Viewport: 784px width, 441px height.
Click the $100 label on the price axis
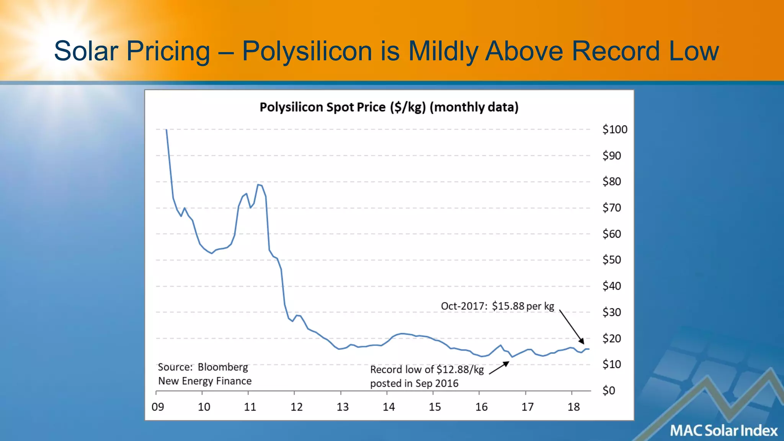(x=614, y=129)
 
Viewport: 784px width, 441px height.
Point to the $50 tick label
(x=611, y=260)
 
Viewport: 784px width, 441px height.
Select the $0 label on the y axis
(x=608, y=390)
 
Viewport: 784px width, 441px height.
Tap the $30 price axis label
(x=611, y=312)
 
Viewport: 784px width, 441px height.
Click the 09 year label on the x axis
(x=158, y=407)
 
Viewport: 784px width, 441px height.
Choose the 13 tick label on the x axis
(x=343, y=407)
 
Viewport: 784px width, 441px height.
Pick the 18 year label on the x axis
(x=573, y=407)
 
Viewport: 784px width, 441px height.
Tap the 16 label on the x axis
(x=481, y=407)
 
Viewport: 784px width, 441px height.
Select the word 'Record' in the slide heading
(x=616, y=51)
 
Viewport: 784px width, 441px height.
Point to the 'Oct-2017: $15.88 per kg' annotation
(x=497, y=306)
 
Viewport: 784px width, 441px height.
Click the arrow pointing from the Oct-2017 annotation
(x=572, y=327)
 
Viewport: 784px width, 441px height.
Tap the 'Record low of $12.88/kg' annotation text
(x=427, y=370)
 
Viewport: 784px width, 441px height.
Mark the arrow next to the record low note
(x=499, y=368)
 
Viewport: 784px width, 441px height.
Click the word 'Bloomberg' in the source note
(x=223, y=367)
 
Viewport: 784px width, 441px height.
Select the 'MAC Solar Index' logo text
(x=724, y=431)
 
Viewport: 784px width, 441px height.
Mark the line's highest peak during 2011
(x=258, y=185)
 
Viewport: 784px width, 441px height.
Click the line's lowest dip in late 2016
(x=512, y=357)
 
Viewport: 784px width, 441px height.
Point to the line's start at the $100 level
(x=166, y=130)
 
